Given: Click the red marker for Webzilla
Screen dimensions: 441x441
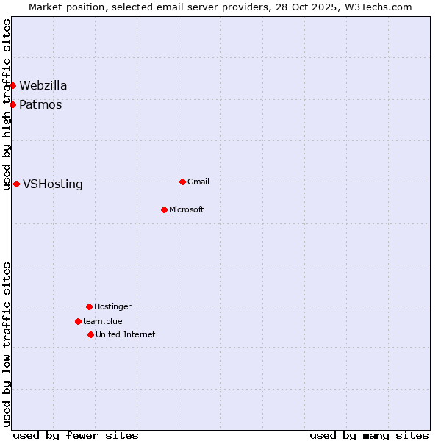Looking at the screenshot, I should coord(12,85).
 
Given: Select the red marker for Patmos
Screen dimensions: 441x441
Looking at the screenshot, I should coord(12,104).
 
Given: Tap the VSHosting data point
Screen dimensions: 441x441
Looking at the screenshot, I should coord(16,184).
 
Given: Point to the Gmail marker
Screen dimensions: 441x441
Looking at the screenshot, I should coord(182,182).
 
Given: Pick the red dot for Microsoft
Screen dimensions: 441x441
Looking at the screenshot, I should coord(164,209).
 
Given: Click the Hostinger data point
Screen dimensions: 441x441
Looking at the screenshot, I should coord(89,306).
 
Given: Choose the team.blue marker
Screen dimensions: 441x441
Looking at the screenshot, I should coord(78,321).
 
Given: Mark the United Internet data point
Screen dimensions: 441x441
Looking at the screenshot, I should coord(90,334).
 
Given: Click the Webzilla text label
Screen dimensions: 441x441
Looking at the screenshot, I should coord(43,85).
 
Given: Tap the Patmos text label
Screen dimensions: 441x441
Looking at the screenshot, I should coord(40,104).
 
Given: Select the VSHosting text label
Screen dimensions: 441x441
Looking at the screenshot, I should coord(53,184).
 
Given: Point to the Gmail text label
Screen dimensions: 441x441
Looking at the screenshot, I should coord(198,182).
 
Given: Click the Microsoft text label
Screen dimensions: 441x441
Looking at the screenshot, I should coord(187,209).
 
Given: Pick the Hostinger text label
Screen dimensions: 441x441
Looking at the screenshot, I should coord(112,306).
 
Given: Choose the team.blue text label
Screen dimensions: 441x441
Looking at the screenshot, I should coord(103,321).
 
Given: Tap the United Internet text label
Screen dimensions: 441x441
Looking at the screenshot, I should coord(126,334).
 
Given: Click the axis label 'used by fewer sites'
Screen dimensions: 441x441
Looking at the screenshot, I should coord(76,435).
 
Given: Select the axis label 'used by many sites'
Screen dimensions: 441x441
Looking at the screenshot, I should coord(369,435).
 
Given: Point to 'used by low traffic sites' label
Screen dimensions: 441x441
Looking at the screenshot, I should coord(7,344).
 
